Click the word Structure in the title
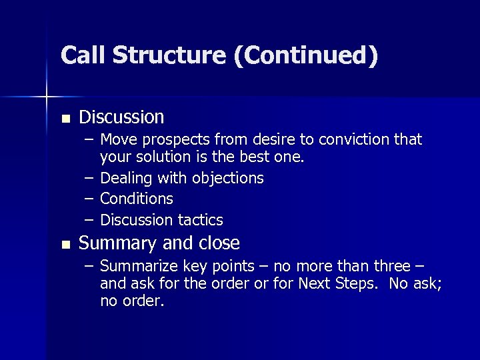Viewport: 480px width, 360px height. click(x=169, y=55)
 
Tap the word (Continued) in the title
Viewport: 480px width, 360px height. click(x=306, y=55)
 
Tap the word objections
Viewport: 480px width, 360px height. click(x=228, y=179)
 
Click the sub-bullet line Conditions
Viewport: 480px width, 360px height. click(x=136, y=199)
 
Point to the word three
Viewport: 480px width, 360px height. click(x=391, y=266)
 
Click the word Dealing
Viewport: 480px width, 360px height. click(x=125, y=179)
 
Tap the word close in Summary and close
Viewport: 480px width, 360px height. click(x=220, y=243)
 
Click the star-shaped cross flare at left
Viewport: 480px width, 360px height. click(x=47, y=97)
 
